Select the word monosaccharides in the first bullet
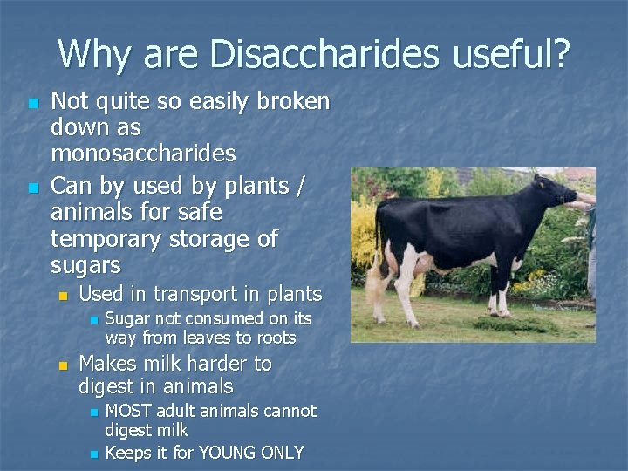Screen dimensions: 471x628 coord(143,154)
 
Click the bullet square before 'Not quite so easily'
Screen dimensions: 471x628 coord(32,104)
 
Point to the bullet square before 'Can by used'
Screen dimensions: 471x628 coord(32,188)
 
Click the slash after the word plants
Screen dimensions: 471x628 coord(299,187)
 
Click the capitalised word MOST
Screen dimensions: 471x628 coord(131,411)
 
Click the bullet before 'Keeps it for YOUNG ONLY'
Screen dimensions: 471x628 coord(94,454)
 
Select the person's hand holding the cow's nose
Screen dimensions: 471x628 coord(582,203)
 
